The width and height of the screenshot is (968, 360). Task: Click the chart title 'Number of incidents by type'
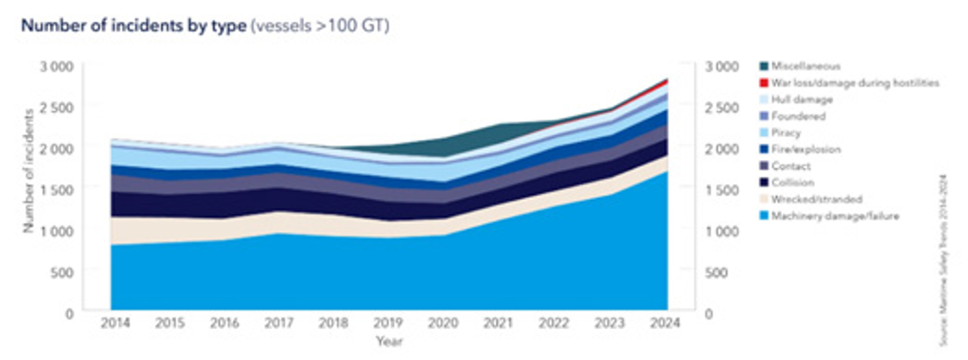134,25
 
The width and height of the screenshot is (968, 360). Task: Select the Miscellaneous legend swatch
764,66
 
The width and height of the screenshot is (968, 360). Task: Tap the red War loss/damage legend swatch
764,83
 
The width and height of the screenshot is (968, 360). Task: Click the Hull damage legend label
802,100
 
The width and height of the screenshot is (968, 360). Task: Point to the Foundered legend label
798,116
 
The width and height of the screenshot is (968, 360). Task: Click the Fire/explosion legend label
806,150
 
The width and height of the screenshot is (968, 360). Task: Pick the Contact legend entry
791,166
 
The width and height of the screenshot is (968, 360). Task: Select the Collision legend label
792,183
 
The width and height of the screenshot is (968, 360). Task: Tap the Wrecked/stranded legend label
817,199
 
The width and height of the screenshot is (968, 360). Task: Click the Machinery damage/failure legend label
835,216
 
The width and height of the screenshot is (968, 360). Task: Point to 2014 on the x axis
115,323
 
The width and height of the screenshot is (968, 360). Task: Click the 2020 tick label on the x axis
443,323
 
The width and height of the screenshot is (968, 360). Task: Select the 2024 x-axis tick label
664,323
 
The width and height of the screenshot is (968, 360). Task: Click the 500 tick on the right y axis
716,273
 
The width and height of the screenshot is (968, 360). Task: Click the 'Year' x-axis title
389,341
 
